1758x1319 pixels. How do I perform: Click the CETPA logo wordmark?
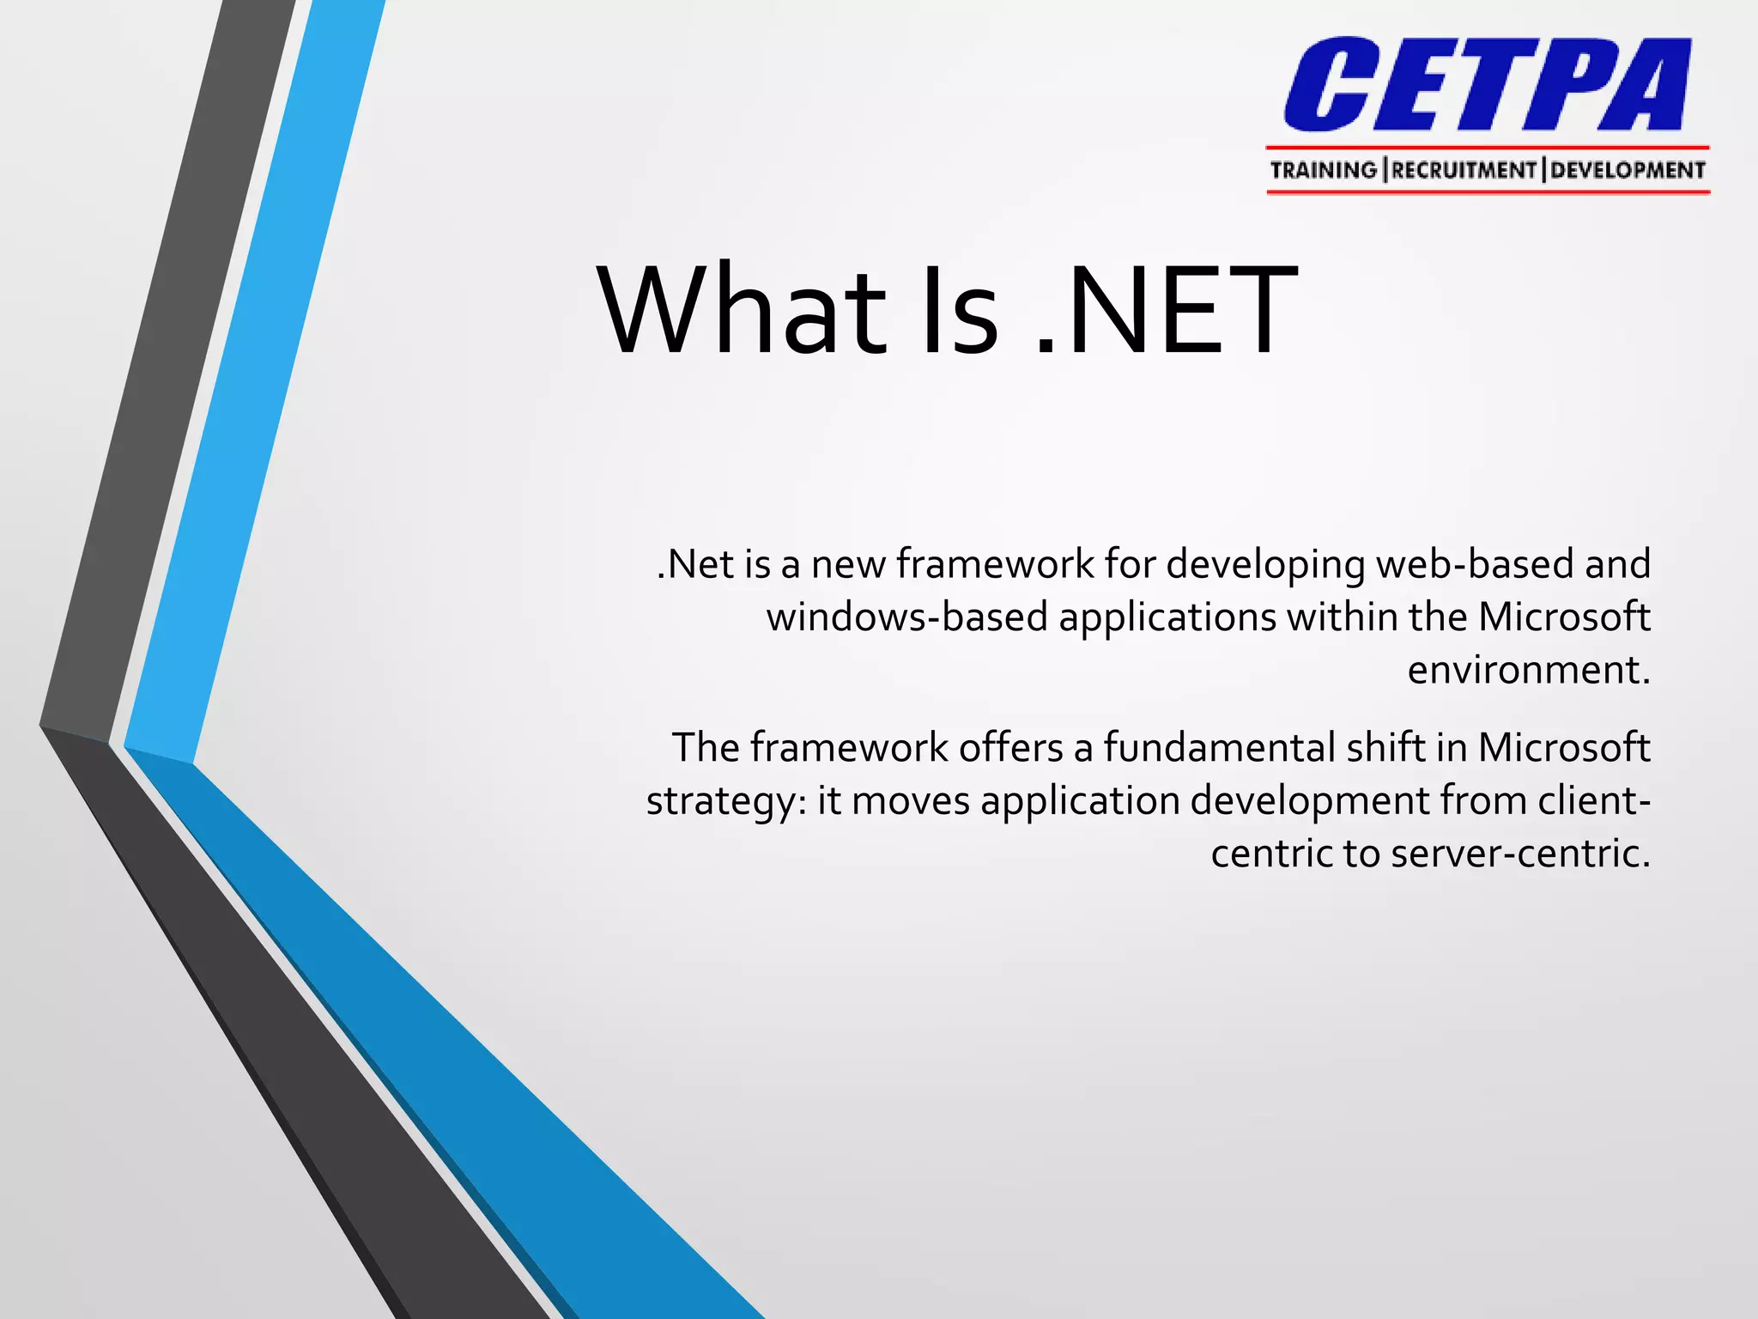(1487, 85)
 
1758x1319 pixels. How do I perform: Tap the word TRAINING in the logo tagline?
(1323, 170)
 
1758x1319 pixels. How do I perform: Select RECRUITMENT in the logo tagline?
(1464, 170)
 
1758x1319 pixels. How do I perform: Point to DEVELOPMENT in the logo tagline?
(1628, 170)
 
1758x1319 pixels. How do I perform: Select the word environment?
(1529, 671)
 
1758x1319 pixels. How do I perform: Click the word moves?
(910, 801)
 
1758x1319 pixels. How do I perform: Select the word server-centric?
(1520, 854)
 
